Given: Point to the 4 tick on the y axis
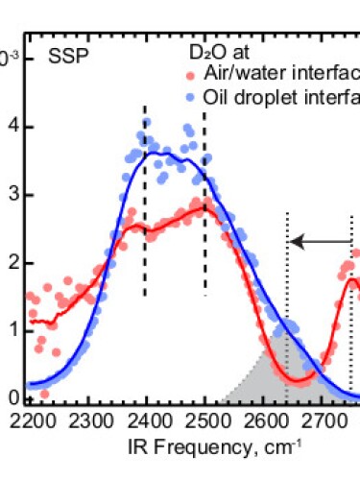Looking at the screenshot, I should pyautogui.click(x=13, y=127).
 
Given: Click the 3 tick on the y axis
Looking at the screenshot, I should pyautogui.click(x=13, y=195).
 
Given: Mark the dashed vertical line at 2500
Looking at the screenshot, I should pyautogui.click(x=204, y=202).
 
